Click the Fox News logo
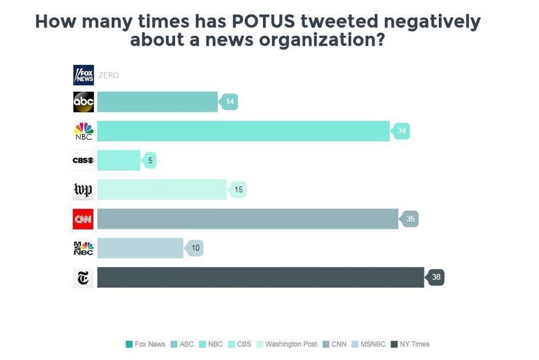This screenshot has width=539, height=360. click(x=84, y=75)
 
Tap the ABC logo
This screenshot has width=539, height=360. click(x=84, y=102)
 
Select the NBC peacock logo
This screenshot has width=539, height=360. click(x=84, y=131)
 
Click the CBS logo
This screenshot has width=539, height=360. click(x=83, y=160)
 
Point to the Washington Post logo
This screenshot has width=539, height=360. click(x=83, y=190)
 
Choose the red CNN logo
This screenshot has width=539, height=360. click(x=83, y=219)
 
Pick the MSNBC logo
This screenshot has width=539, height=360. click(x=84, y=248)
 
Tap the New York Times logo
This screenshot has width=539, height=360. click(x=83, y=278)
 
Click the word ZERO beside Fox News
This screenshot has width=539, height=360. click(x=108, y=75)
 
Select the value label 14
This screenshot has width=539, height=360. click(x=229, y=102)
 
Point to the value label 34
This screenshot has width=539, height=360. click(x=402, y=131)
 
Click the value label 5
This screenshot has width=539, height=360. click(x=150, y=161)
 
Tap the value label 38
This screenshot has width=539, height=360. click(x=436, y=277)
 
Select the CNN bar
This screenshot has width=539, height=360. click(x=248, y=219)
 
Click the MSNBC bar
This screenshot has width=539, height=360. click(x=140, y=248)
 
